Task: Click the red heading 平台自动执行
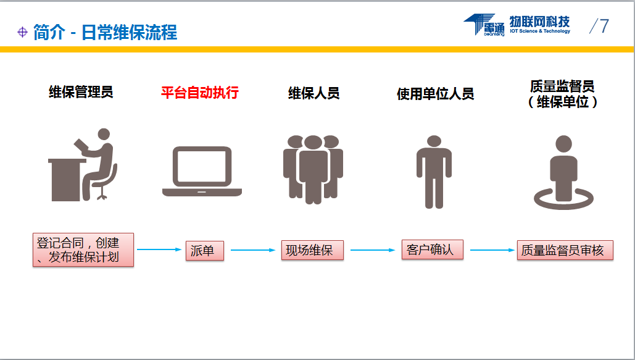[x=200, y=93]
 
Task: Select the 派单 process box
[x=204, y=251]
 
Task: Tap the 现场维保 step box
[x=312, y=250]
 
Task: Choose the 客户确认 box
[x=432, y=249]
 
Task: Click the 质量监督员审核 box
[x=565, y=250]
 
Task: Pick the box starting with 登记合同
[x=83, y=249]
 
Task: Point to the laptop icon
[x=202, y=171]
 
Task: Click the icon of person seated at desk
[x=83, y=165]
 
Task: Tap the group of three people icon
[x=313, y=169]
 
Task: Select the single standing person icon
[x=434, y=172]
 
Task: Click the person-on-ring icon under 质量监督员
[x=563, y=172]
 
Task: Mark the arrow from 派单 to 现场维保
[x=253, y=250]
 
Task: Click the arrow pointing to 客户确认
[x=373, y=250]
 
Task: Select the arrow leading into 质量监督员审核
[x=492, y=250]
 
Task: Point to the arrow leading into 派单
[x=159, y=249]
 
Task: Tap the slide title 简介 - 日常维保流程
[x=106, y=33]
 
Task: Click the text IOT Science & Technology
[x=540, y=31]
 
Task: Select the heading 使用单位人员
[x=435, y=94]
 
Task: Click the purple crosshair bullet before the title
[x=22, y=32]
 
